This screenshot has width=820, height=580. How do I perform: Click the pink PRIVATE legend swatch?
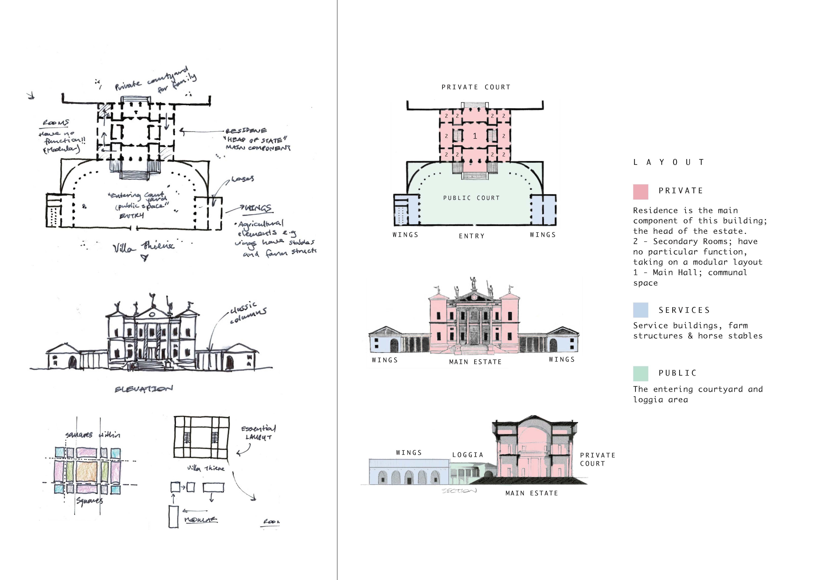[640, 192]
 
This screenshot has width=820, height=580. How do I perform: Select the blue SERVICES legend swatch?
[640, 310]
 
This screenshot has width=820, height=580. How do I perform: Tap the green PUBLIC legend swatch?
[640, 373]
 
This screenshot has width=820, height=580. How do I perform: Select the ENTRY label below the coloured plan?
[471, 236]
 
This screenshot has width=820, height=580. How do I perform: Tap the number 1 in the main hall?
[475, 136]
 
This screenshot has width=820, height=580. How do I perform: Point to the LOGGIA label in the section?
[467, 455]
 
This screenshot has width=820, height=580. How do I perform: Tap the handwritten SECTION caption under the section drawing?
[459, 491]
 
